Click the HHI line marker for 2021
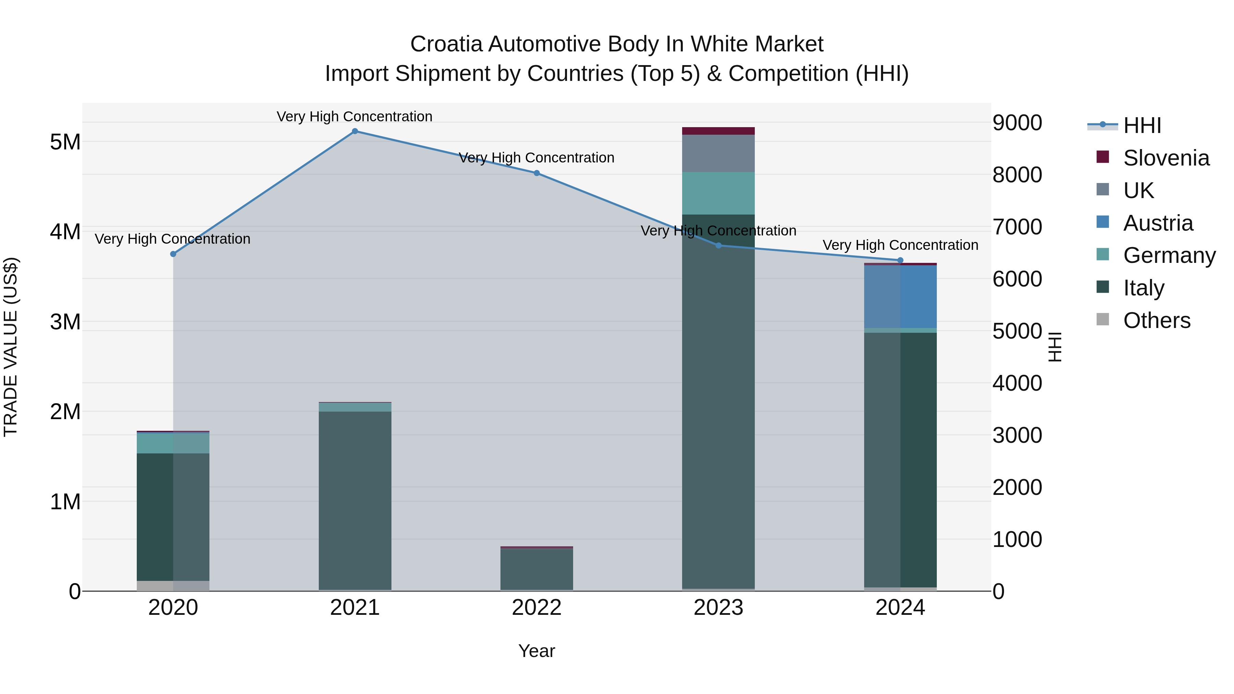tap(355, 131)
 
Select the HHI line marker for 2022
tap(536, 173)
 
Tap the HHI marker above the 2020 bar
tap(173, 254)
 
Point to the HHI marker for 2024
tap(900, 260)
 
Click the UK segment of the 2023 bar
tap(718, 153)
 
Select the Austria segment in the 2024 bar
tap(900, 297)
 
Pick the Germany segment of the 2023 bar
tap(718, 193)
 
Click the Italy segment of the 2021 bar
tap(355, 498)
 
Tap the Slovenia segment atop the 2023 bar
tap(718, 131)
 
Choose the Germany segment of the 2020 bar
tap(173, 443)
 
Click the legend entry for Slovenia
tap(1166, 158)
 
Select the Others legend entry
tap(1157, 320)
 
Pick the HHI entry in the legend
tap(1142, 125)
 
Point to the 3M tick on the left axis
tap(65, 322)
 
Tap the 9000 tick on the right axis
tap(1017, 123)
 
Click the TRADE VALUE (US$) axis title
tap(11, 347)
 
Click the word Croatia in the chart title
tap(446, 45)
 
